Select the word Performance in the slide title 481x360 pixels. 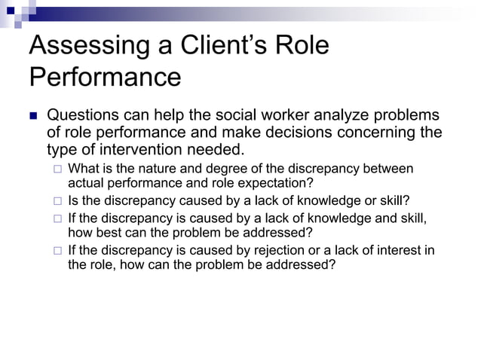[105, 78]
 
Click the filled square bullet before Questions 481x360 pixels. [32, 116]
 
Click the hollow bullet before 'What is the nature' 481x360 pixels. [57, 168]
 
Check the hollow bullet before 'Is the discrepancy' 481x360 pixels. [57, 201]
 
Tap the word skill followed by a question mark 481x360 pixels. [393, 201]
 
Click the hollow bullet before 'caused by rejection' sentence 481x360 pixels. [57, 251]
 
